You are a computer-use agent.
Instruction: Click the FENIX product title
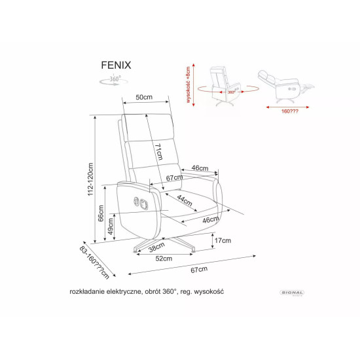[x=117, y=66]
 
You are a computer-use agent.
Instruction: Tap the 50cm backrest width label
[x=144, y=98]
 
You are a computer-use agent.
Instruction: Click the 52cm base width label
[x=164, y=259]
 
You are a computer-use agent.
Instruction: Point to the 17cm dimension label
[x=223, y=241]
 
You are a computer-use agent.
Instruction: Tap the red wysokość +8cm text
[x=188, y=86]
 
